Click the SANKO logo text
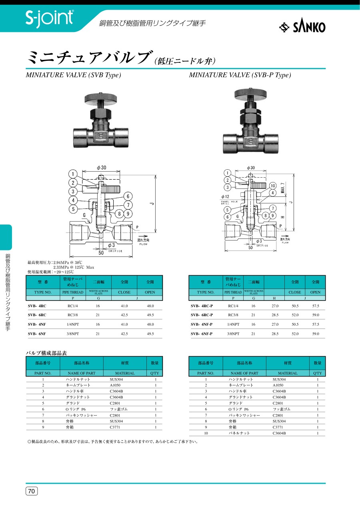(x=309, y=27)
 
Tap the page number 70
(x=32, y=491)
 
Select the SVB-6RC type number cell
(x=37, y=315)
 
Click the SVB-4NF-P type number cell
(x=202, y=324)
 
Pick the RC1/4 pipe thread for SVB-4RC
(x=73, y=306)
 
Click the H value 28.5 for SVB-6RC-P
(x=275, y=315)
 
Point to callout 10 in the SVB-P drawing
(x=272, y=186)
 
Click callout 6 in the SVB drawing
(x=128, y=196)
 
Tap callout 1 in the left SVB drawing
(x=73, y=174)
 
